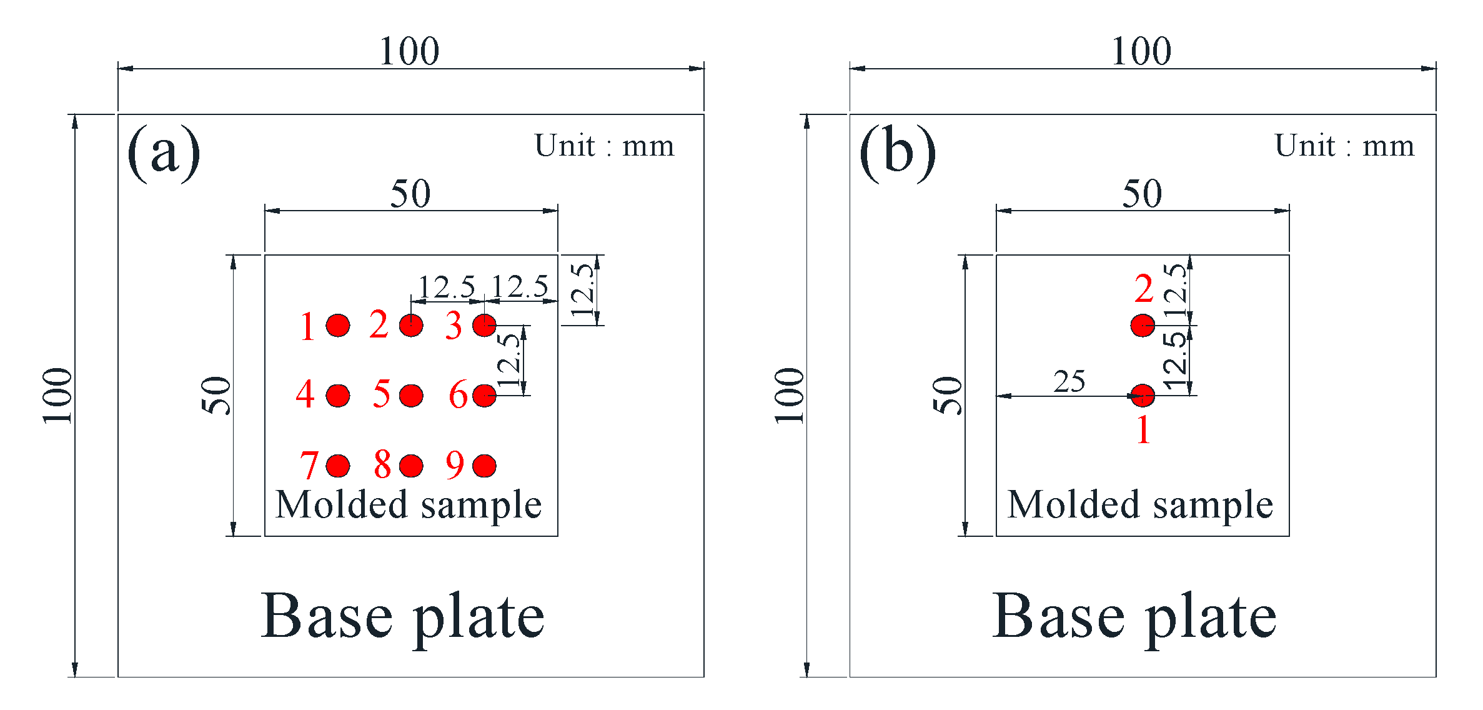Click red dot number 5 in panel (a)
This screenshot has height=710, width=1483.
[x=411, y=395]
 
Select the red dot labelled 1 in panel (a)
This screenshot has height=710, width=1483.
[x=338, y=325]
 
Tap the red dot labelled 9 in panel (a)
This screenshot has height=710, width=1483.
[x=484, y=466]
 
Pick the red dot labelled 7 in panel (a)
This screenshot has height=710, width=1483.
[x=338, y=466]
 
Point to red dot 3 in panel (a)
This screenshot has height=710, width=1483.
[x=484, y=325]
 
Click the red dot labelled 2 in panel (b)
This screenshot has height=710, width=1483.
[x=1143, y=325]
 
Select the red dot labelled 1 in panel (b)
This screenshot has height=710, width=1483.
[x=1143, y=395]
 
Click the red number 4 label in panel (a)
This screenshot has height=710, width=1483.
[x=305, y=394]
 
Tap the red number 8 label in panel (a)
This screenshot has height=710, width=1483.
[x=382, y=465]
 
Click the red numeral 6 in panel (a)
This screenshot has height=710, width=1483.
[x=458, y=395]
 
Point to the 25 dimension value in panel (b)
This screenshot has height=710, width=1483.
[x=1069, y=381]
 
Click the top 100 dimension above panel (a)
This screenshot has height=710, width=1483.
[x=410, y=51]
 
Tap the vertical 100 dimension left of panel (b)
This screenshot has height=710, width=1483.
[x=790, y=395]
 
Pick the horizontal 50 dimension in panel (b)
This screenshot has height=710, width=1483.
[x=1142, y=194]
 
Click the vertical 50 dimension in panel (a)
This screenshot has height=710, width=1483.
[x=216, y=395]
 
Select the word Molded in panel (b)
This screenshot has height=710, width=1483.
[x=1073, y=504]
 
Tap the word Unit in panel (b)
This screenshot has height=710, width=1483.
[x=1304, y=146]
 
